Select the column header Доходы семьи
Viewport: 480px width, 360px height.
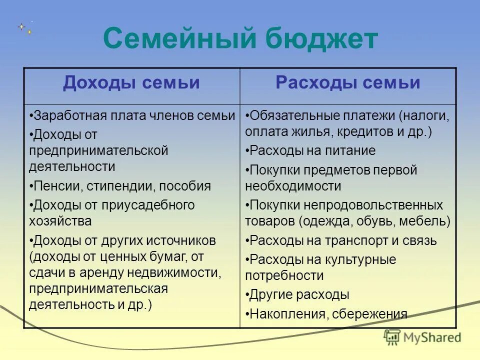pyautogui.click(x=131, y=83)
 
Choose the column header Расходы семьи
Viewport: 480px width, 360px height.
pyautogui.click(x=348, y=83)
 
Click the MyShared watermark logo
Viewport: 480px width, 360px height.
pyautogui.click(x=422, y=337)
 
